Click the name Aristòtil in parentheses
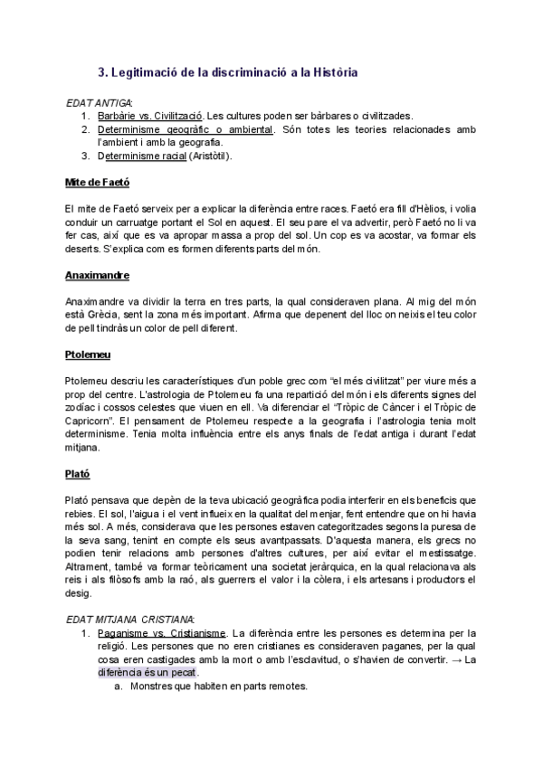tap(210, 156)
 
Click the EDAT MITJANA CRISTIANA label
tap(130, 619)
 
